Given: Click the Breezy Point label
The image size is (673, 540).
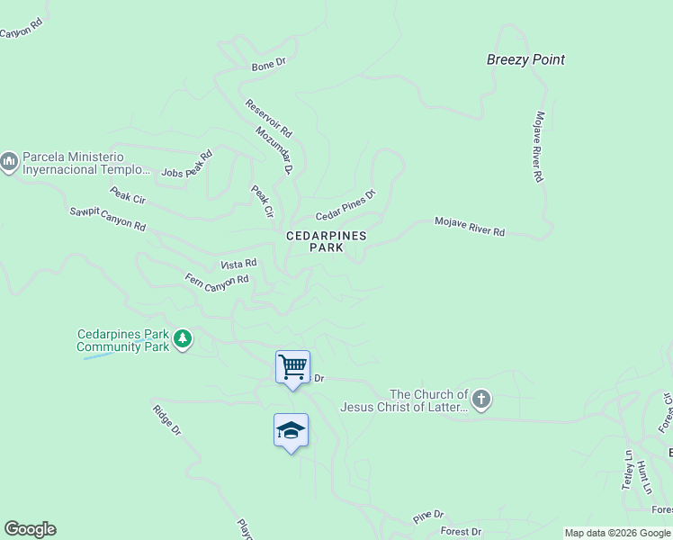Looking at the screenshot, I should tap(525, 60).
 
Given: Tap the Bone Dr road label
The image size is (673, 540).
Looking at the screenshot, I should tap(268, 65).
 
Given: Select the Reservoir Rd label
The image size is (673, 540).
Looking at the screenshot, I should tap(269, 118).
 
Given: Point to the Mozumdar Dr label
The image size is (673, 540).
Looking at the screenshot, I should tap(274, 149).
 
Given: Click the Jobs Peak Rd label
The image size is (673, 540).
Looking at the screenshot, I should tap(186, 166).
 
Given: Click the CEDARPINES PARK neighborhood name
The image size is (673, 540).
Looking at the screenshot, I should tap(327, 241).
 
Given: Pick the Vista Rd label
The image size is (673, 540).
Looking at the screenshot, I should tap(239, 264).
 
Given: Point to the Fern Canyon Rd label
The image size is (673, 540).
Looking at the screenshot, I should tap(216, 282).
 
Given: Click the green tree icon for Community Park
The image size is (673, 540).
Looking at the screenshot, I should tap(184, 339).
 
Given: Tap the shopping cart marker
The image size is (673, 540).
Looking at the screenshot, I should tap(292, 367).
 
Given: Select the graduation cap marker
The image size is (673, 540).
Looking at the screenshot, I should tap(291, 431).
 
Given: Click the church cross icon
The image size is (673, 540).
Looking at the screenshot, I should tap(481, 400).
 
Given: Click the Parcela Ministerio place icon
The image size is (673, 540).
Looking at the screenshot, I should tap(9, 162).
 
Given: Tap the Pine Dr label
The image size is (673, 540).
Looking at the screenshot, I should tap(428, 516).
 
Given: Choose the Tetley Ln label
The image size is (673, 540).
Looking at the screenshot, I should tap(628, 469).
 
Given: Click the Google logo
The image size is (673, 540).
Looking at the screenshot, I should tap(30, 529).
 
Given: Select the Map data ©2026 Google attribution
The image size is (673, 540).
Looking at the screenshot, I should tap(617, 533).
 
